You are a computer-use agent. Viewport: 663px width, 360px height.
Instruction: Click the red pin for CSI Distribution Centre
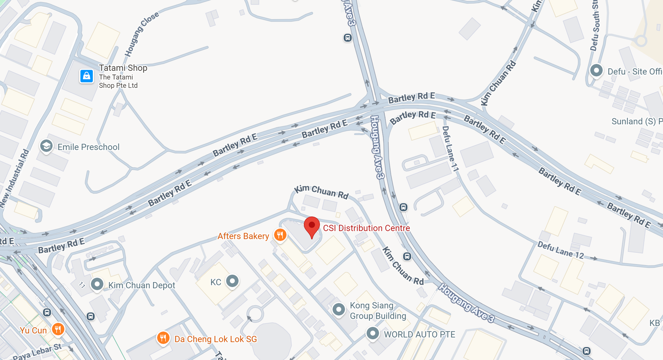tap(312, 226)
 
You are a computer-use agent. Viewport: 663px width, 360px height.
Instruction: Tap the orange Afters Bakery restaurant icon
tap(280, 235)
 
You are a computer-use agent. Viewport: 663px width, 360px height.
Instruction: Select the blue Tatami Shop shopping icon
tap(87, 76)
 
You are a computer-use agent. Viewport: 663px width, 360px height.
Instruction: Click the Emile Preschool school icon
tap(46, 146)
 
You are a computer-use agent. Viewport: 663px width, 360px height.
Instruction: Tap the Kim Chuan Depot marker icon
tap(97, 284)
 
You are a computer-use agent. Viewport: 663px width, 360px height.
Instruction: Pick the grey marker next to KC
tap(232, 281)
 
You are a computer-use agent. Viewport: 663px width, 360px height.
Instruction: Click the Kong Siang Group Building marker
tap(339, 309)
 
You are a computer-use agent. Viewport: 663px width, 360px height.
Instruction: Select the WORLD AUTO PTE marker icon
tap(373, 333)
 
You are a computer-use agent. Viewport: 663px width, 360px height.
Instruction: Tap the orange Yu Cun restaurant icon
tap(58, 329)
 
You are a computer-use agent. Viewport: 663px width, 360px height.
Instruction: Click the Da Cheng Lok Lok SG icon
tap(163, 338)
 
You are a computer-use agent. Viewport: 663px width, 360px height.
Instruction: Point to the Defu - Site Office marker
tap(596, 70)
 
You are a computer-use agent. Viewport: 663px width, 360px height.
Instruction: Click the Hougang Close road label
tap(142, 34)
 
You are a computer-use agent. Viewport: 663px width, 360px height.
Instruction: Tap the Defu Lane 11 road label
tap(450, 149)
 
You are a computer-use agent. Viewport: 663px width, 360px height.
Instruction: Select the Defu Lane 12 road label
tap(561, 250)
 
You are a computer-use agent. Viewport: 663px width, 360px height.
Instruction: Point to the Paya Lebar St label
tap(37, 352)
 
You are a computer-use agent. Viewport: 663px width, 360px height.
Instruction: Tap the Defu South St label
tap(595, 26)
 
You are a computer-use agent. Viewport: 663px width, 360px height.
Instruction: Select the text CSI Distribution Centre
tap(366, 228)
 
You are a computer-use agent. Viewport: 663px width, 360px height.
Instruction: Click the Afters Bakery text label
tap(243, 236)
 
